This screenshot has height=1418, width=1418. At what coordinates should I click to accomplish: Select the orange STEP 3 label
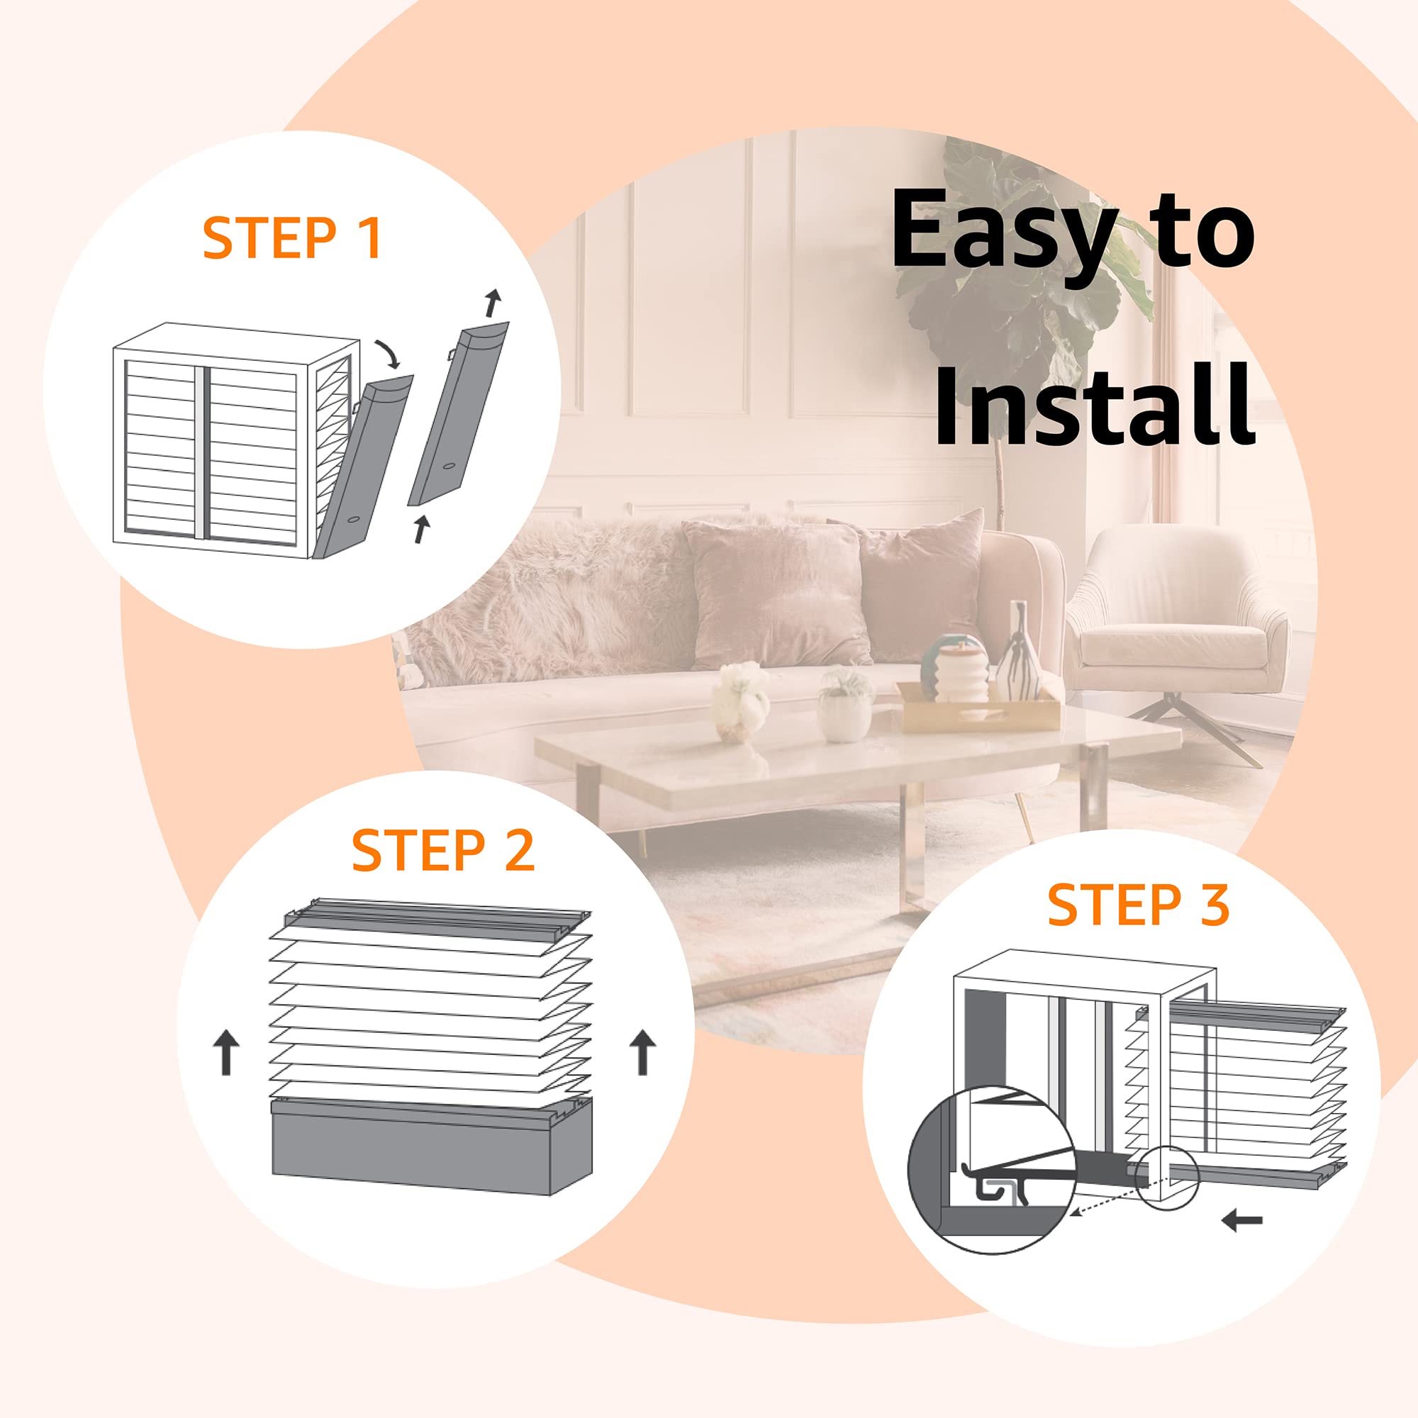click(1139, 904)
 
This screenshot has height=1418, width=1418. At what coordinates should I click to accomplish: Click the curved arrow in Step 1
click(389, 354)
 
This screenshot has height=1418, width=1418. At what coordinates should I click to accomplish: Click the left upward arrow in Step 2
click(226, 1051)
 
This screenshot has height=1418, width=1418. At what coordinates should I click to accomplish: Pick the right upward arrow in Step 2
click(643, 1051)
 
